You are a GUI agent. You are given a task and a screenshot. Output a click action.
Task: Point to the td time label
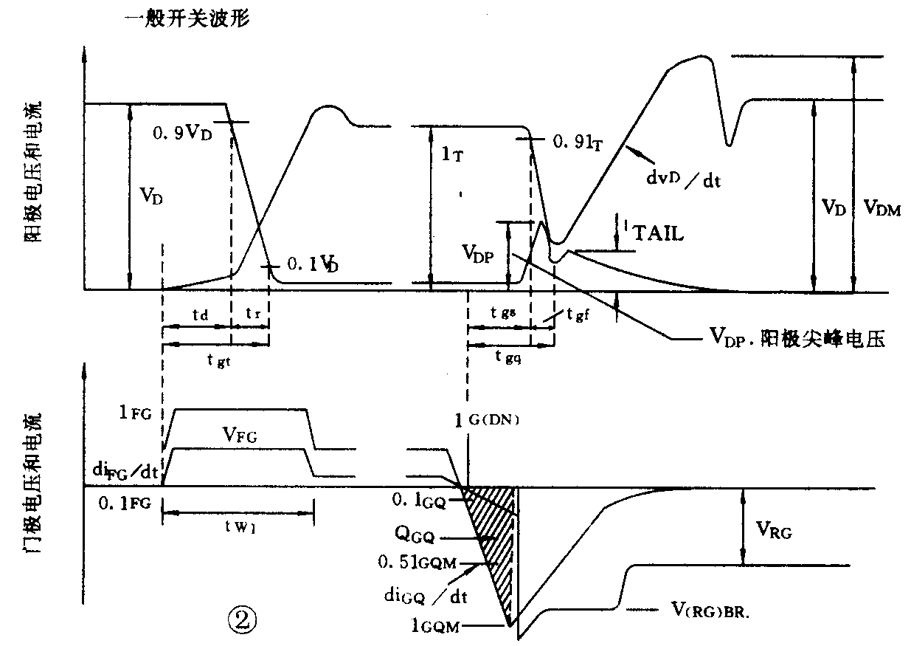(198, 313)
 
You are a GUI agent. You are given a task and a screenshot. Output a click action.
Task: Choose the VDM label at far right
(882, 209)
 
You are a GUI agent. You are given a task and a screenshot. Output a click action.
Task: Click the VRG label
(773, 529)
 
